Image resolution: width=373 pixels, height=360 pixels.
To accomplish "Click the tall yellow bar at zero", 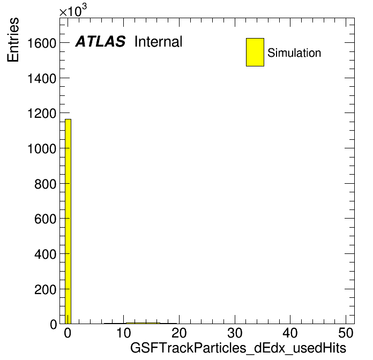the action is point(68,221).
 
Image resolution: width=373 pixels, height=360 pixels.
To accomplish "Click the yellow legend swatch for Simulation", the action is point(255,52).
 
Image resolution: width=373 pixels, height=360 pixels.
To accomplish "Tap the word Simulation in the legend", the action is point(294,53).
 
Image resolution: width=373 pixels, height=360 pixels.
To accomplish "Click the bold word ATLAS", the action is point(100,41).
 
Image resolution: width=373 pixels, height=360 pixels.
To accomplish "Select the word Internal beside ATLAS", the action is point(159,42).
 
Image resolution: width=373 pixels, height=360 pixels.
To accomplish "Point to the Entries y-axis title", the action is point(13,40).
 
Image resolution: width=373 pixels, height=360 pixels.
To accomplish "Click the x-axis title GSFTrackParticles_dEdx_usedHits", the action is point(238,348).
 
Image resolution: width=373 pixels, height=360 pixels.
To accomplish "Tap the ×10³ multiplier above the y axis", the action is point(73,10).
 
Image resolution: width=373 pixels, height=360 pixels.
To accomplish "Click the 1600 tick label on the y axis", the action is point(42,43).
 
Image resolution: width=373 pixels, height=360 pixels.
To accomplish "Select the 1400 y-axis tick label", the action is point(42,78).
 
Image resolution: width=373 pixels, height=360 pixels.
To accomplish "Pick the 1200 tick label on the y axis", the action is point(42,114).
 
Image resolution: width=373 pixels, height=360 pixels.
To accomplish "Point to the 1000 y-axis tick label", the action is point(42,149).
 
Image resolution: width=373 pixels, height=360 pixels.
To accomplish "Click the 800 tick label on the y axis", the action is point(45,184).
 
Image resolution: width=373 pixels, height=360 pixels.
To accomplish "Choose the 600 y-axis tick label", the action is point(45,219).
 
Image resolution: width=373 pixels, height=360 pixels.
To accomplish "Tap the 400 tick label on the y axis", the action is point(45,254).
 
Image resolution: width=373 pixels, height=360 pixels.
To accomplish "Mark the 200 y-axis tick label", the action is point(45,290).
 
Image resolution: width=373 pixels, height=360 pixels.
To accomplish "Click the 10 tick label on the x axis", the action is point(123,333).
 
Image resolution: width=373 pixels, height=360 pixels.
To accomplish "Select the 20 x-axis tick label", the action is point(179,333).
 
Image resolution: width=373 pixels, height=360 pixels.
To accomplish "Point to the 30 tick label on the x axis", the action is point(235,333).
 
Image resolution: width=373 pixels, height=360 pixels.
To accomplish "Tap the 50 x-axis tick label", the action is point(346,333).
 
